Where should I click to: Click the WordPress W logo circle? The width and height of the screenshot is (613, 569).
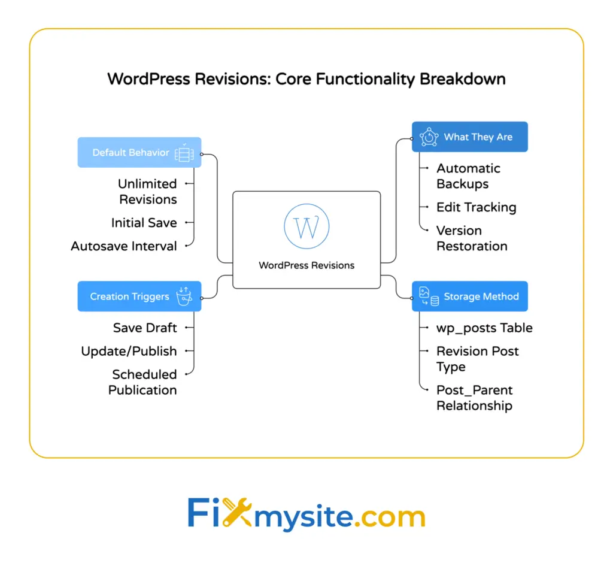click(306, 226)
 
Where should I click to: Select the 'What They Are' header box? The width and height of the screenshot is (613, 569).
click(469, 137)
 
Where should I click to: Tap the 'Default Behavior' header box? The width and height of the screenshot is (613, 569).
click(139, 153)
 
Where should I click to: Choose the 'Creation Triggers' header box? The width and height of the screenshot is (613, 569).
click(139, 296)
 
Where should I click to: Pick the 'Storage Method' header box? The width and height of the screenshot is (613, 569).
click(469, 296)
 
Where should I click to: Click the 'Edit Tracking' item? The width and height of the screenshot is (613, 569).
click(476, 207)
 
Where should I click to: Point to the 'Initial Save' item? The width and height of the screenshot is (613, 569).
click(144, 223)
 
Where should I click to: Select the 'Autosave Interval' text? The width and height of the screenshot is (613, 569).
click(124, 246)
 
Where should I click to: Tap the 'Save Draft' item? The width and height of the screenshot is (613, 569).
click(145, 328)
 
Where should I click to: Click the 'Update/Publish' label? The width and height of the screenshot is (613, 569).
click(129, 351)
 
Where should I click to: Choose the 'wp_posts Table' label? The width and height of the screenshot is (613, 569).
click(484, 328)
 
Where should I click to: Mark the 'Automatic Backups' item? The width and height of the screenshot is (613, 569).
click(468, 176)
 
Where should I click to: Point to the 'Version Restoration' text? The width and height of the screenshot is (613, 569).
click(472, 238)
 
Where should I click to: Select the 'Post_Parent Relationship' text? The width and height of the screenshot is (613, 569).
click(474, 398)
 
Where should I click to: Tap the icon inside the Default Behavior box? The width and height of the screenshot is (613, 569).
click(184, 153)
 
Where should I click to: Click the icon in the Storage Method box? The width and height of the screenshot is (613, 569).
click(429, 296)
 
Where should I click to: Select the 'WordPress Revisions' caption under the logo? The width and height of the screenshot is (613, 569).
click(306, 265)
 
